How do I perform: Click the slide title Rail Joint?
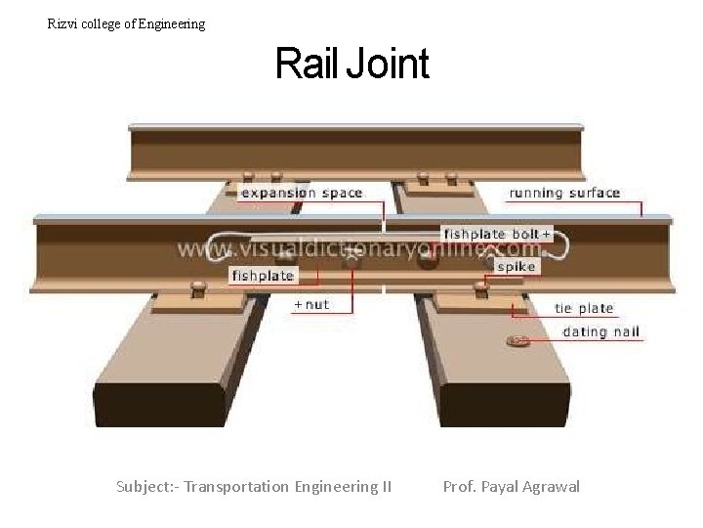pyautogui.click(x=351, y=65)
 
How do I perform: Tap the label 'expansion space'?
pyautogui.click(x=302, y=193)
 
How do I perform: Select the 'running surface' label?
pyautogui.click(x=564, y=193)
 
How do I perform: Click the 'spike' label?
pyautogui.click(x=516, y=266)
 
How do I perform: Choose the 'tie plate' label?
pyautogui.click(x=583, y=308)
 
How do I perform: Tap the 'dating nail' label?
pyautogui.click(x=600, y=331)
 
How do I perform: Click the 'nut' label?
pyautogui.click(x=312, y=304)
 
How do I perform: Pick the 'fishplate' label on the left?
pyautogui.click(x=262, y=276)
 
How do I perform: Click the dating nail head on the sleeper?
pyautogui.click(x=517, y=340)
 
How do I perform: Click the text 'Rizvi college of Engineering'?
pyautogui.click(x=127, y=23)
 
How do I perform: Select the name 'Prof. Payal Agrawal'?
pyautogui.click(x=511, y=486)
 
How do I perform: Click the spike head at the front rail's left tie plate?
pyautogui.click(x=198, y=287)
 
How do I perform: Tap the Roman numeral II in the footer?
pyautogui.click(x=385, y=486)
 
